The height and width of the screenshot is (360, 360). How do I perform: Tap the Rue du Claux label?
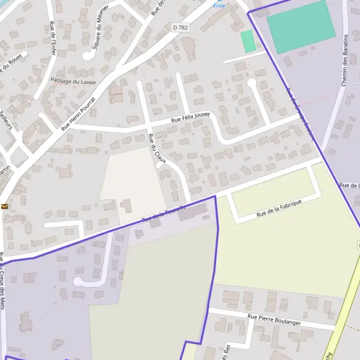(x=158, y=149)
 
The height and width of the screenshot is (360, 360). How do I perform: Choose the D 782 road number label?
(x=180, y=27)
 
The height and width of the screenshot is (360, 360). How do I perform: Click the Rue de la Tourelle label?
(x=163, y=213)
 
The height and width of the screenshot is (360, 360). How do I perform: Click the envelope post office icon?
(x=5, y=206)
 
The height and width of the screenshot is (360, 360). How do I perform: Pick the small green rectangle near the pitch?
(x=248, y=41)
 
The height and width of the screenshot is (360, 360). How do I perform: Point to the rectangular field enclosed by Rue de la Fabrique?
(x=274, y=191)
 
